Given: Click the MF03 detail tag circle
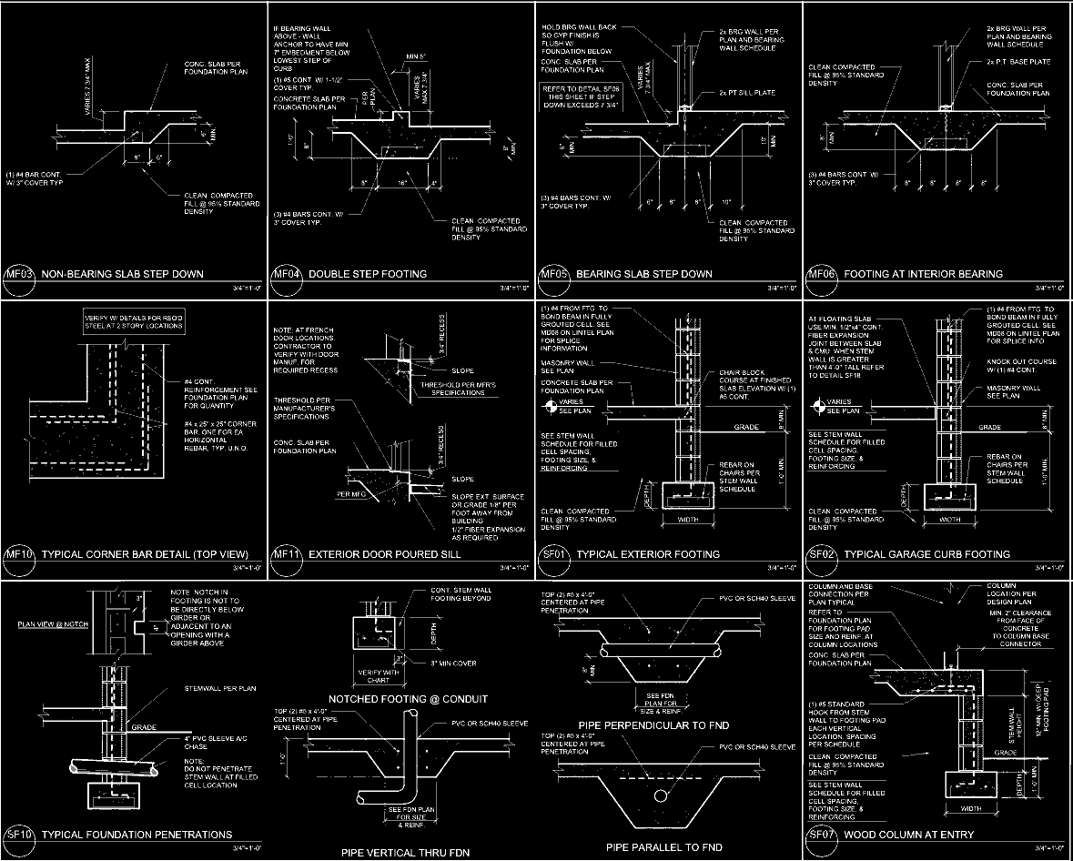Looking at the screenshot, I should coord(18,276).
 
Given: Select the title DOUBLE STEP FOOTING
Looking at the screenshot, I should coord(368,274).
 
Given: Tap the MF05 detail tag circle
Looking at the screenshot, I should coord(553,276).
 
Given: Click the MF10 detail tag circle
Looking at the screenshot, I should coord(18,556).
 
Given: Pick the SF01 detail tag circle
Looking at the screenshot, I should coord(553,556).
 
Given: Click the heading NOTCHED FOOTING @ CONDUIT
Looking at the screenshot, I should coord(408,699).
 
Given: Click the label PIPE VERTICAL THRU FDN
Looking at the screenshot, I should coord(401,854).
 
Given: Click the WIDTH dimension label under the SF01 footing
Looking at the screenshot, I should coord(687,520).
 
